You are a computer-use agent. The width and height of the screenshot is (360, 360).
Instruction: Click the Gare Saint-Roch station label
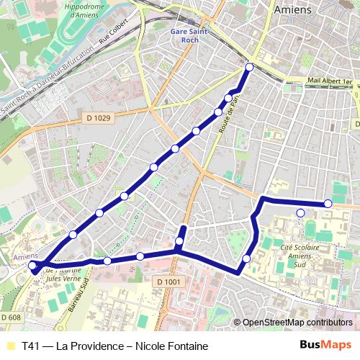coord(189,35)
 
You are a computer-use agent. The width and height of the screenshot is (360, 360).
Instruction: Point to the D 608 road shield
coord(11,317)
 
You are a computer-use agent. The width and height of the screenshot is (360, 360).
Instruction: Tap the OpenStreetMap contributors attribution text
coord(297,323)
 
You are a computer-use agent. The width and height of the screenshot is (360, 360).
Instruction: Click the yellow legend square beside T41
coord(10,346)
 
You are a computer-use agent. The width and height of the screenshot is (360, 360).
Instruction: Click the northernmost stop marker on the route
coord(249,67)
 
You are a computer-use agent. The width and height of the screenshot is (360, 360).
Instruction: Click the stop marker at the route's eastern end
coord(328,204)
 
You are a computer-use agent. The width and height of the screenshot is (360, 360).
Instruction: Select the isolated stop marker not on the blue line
coord(300,212)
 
